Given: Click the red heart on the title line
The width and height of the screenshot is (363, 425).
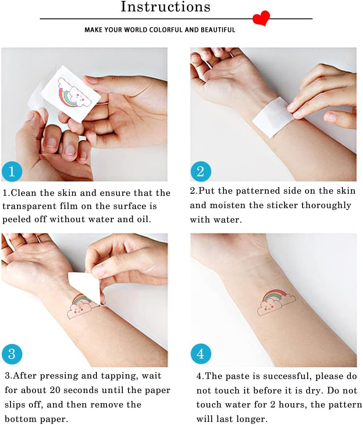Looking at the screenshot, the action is tap(261, 18).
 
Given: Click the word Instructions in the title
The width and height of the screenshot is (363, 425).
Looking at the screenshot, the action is tap(165, 7).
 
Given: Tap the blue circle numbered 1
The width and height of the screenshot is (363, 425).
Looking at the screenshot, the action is tap(12, 171).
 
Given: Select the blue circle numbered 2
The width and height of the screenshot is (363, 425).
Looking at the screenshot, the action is tap(200, 171).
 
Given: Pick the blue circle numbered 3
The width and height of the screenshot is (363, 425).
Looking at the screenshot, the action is tap(12, 354).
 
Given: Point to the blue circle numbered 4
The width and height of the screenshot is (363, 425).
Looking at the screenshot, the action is tap(200, 354).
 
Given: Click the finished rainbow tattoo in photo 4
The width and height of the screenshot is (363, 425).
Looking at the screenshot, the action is tap(276, 302).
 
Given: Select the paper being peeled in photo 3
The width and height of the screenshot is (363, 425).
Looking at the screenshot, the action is tap(85, 287).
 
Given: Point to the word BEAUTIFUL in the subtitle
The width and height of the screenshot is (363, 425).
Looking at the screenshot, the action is tap(218, 30).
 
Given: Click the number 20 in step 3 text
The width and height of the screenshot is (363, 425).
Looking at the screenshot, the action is tap(55, 390).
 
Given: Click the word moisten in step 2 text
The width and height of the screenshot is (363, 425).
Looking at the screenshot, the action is tap(228, 205).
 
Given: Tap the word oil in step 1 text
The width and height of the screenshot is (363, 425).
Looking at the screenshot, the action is tap(144, 219).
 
